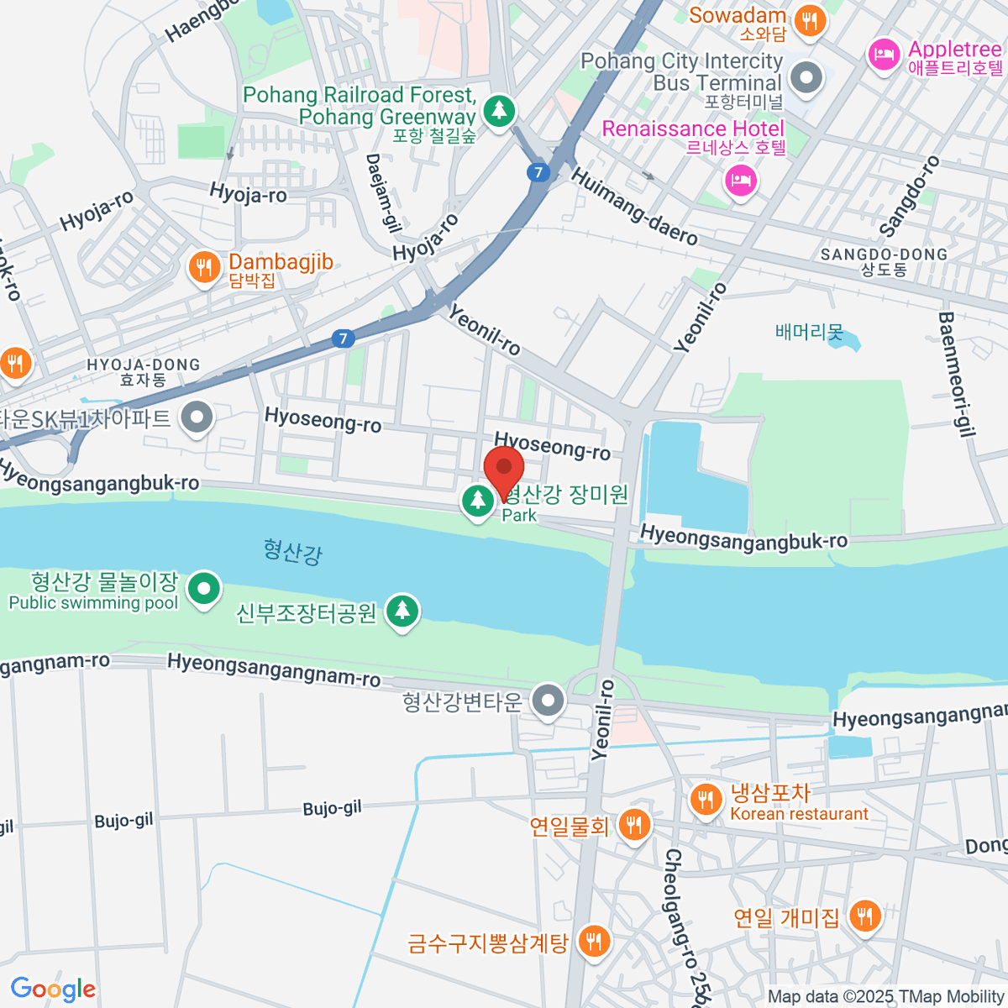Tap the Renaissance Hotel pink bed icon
[x=740, y=180]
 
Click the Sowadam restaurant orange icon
[x=809, y=20]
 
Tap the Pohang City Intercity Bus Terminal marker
[x=807, y=78]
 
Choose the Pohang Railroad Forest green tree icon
[x=500, y=110]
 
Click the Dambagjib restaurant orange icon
[x=203, y=269]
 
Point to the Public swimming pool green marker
[x=203, y=590]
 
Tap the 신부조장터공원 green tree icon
[x=402, y=612]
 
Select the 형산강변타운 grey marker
[x=548, y=701]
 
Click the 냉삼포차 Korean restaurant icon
[x=706, y=801]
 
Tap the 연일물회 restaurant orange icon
[x=634, y=826]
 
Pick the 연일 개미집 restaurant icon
[x=864, y=916]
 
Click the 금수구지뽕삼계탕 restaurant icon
[x=594, y=941]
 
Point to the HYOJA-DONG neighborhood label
[x=144, y=371]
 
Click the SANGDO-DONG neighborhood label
[x=884, y=261]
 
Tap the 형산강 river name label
[x=292, y=552]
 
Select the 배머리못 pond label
[x=809, y=332]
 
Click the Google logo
[x=53, y=989]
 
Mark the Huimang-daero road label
[x=634, y=207]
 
